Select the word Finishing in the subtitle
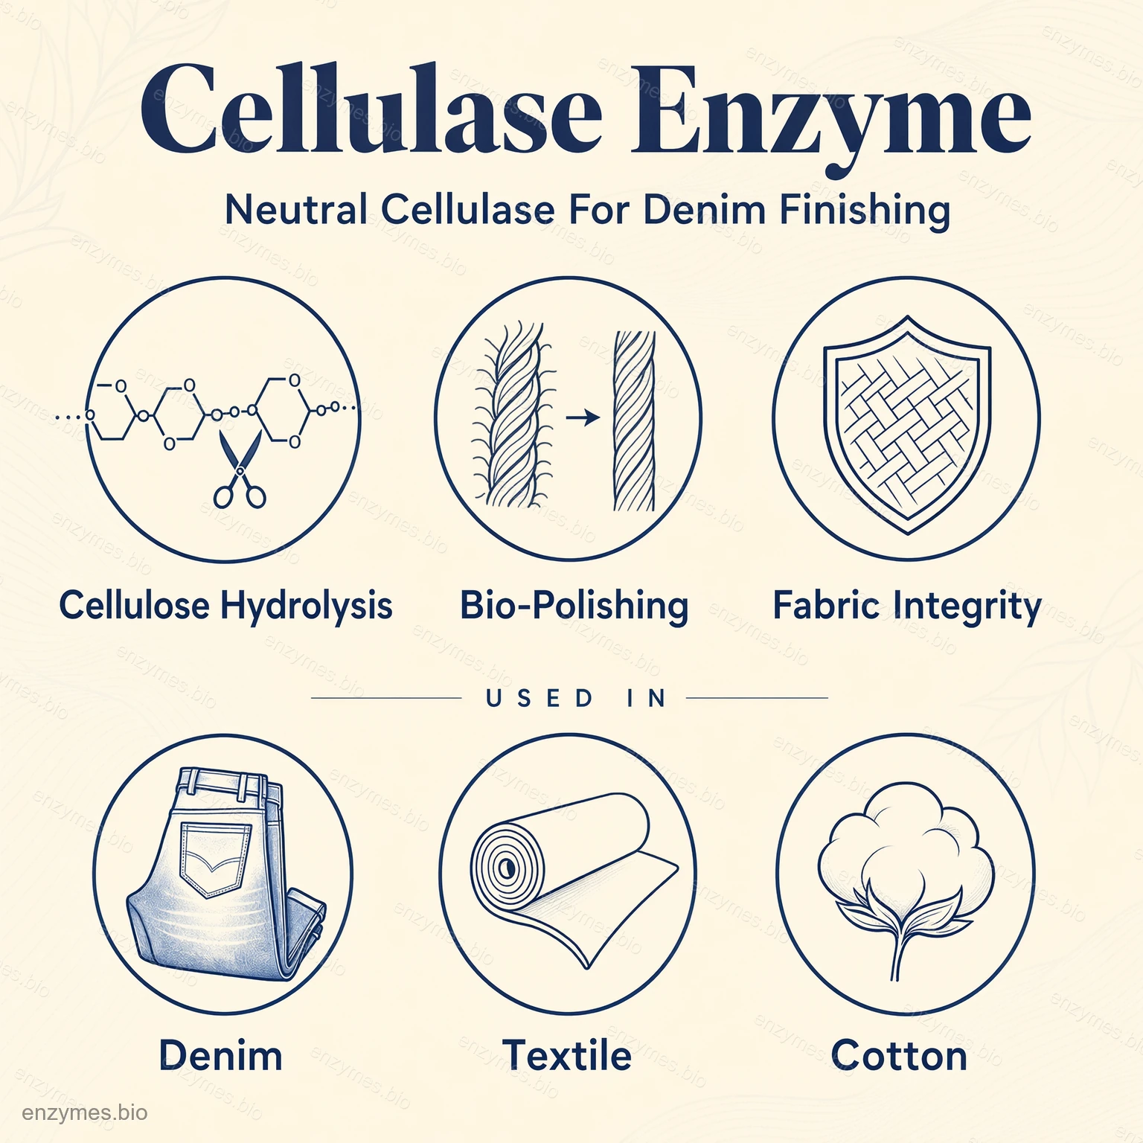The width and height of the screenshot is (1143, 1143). [865, 211]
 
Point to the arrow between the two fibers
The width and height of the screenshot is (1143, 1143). [583, 418]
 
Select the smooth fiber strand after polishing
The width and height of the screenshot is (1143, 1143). [634, 420]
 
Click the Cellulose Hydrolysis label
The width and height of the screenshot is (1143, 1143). [225, 605]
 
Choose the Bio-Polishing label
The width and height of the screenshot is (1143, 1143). [574, 605]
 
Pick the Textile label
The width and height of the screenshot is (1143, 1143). [567, 1055]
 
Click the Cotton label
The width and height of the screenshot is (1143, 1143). [899, 1055]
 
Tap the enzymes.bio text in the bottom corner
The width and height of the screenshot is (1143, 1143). [85, 1113]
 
